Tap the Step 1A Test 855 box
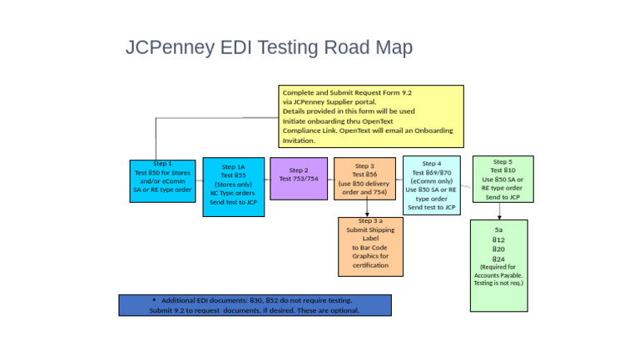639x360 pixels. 233,187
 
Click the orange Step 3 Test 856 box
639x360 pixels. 364,178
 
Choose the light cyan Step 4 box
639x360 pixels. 431,185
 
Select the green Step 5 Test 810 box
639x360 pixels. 503,179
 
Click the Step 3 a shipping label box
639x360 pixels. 370,246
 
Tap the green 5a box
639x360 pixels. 498,265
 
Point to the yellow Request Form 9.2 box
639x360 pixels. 370,116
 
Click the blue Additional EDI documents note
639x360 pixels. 255,305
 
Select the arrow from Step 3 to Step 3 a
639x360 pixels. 367,208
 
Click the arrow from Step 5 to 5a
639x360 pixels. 499,211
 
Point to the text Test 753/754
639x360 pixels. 299,179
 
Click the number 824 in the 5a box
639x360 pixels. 498,259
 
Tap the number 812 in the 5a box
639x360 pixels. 498,239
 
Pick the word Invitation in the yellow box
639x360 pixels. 299,141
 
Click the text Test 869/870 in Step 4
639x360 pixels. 431,172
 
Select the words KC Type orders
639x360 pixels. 233,193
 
